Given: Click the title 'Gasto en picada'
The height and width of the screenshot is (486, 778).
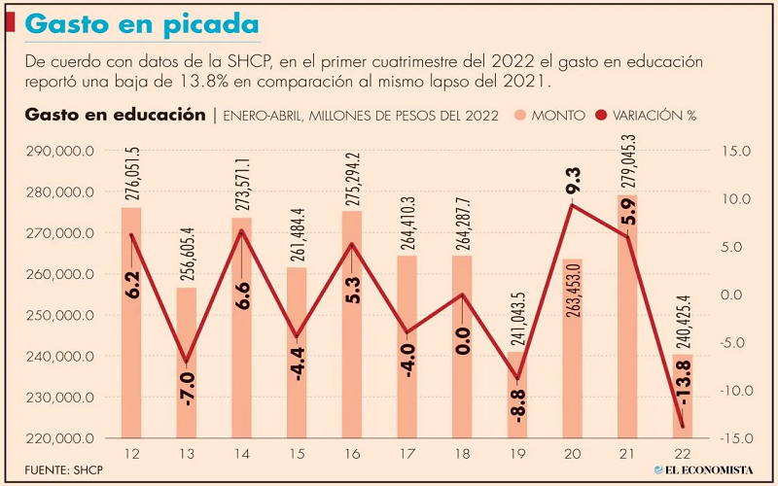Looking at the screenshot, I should click(x=143, y=24).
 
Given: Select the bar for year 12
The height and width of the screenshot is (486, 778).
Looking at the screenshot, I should click(x=131, y=321).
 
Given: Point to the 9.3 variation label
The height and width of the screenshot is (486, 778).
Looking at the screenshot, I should click(x=573, y=181).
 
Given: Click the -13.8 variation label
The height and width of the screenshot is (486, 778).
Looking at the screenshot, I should click(x=685, y=385).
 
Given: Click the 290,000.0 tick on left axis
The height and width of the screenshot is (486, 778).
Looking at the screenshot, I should click(x=60, y=152).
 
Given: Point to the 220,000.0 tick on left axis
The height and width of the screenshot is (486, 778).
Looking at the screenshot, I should click(x=60, y=439).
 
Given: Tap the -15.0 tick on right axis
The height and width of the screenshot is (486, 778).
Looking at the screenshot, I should click(x=730, y=439).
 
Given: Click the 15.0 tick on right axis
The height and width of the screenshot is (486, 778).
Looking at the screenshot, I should click(x=730, y=152).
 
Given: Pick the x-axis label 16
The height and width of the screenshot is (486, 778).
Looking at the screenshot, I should click(x=352, y=455).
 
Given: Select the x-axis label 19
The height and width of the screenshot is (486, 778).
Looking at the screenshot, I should click(x=518, y=455).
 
